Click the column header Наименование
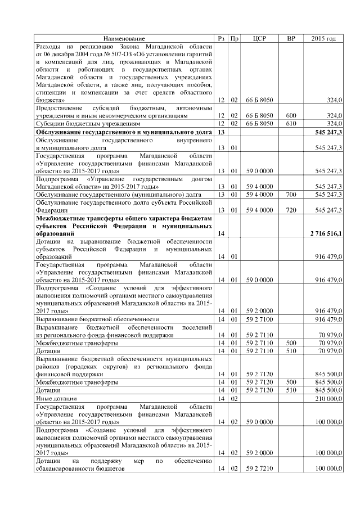[124, 38]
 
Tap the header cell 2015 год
[323, 38]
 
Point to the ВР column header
[291, 38]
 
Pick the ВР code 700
[291, 194]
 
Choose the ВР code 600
[291, 115]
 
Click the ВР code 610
[291, 123]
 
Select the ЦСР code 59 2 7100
[259, 319]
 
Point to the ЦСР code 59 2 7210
[259, 469]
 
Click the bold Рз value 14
[220, 233]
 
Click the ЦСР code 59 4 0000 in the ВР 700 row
[259, 194]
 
